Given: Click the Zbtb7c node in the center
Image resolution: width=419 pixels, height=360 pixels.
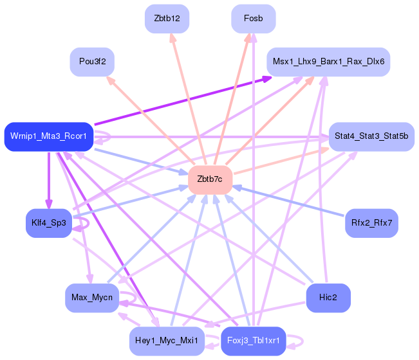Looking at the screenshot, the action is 210,180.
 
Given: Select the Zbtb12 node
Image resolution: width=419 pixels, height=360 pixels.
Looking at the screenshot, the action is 167,19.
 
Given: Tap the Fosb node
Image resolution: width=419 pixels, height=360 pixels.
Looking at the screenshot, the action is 254,19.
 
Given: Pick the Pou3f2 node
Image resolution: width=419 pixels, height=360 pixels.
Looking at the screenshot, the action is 92,62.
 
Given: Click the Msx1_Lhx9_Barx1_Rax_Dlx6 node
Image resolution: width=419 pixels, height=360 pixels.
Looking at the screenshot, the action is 328,62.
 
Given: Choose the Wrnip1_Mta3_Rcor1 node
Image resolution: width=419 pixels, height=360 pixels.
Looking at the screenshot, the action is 49,137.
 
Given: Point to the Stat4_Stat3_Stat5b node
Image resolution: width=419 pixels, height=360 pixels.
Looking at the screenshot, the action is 371,137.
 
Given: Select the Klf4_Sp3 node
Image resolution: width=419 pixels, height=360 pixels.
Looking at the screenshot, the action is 49,223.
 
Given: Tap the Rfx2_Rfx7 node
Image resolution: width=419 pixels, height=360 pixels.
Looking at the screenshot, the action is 372,223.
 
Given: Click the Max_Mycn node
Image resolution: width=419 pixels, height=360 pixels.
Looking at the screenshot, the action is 92,298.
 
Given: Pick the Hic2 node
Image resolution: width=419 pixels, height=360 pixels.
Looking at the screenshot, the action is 328,298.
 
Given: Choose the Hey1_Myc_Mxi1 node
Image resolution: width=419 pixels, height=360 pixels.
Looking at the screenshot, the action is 167,341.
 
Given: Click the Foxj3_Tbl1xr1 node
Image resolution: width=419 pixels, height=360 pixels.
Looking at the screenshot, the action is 254,341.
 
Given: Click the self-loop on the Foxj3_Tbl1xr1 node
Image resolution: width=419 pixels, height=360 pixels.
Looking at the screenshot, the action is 303,341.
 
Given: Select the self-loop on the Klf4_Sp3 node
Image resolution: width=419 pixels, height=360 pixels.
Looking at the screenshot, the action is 88,223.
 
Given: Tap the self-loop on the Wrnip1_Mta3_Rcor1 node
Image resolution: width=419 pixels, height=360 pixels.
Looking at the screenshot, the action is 110,136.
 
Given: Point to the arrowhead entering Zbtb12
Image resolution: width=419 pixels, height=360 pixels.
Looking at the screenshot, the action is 172,38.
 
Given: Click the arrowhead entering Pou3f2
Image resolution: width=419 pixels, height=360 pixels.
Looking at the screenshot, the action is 111,80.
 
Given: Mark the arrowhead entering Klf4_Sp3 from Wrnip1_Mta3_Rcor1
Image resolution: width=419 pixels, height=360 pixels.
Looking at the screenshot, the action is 49,204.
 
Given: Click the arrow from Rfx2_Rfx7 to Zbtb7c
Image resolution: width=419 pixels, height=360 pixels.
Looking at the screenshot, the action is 288,201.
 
